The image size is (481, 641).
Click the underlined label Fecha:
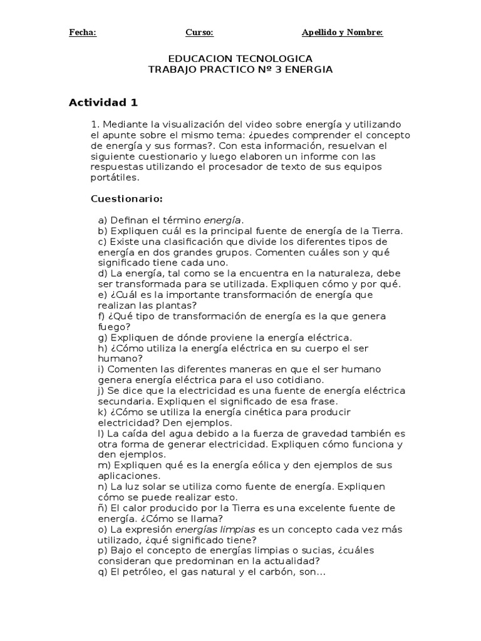point(83,33)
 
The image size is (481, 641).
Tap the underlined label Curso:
point(200,33)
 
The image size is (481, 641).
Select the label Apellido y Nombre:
point(342,33)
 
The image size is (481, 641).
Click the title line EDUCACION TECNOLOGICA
point(240,58)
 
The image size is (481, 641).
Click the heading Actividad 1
point(103,102)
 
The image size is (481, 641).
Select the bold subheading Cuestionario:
point(127,199)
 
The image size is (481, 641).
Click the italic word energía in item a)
point(222,220)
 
